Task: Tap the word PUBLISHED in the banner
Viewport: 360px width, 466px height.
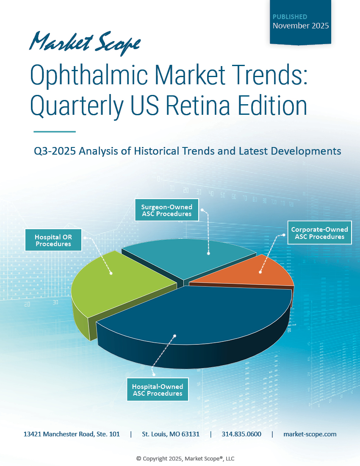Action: (x=290, y=17)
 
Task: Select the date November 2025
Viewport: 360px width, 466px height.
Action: (x=301, y=26)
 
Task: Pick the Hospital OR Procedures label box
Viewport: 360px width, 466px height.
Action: (x=53, y=240)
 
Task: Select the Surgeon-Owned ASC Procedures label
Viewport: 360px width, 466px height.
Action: (x=166, y=211)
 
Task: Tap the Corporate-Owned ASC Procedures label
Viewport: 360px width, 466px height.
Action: (x=319, y=233)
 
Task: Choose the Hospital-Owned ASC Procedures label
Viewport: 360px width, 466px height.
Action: (x=158, y=390)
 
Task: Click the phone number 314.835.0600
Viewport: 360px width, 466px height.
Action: (x=241, y=434)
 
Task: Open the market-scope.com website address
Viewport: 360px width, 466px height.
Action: (x=310, y=434)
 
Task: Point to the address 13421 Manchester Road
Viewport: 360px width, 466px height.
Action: (x=72, y=434)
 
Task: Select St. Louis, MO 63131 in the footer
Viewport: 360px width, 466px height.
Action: (x=171, y=434)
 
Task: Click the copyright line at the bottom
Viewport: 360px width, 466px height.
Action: (x=185, y=458)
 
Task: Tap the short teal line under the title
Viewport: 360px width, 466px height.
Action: (x=54, y=132)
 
